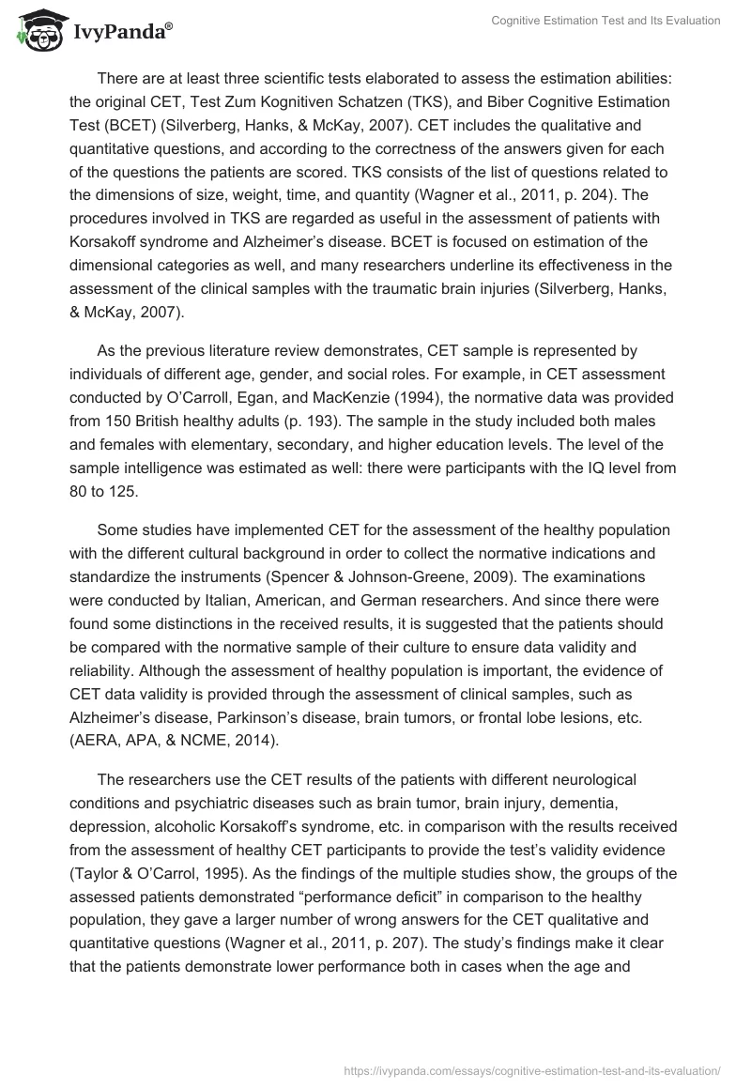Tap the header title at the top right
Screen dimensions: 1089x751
pyautogui.click(x=605, y=21)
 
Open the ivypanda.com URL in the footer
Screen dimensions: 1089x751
pyautogui.click(x=533, y=1069)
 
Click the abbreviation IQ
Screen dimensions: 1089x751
pyautogui.click(x=574, y=469)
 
